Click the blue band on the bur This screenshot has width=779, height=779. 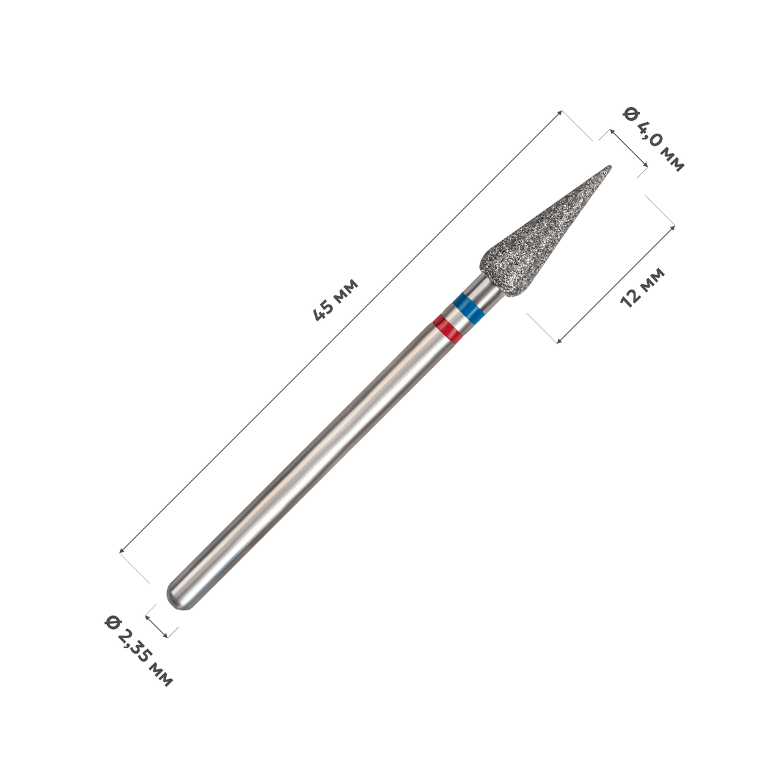pyautogui.click(x=468, y=308)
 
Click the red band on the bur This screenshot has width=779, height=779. pyautogui.click(x=448, y=328)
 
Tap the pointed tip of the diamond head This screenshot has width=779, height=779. pyautogui.click(x=610, y=166)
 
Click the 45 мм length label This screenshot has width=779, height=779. pyautogui.click(x=336, y=299)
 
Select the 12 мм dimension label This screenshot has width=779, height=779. pyautogui.click(x=643, y=288)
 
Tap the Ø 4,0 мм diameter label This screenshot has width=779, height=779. pyautogui.click(x=654, y=139)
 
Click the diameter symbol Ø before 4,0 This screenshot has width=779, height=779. pyautogui.click(x=630, y=114)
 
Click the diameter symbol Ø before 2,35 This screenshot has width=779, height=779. pyautogui.click(x=112, y=623)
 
